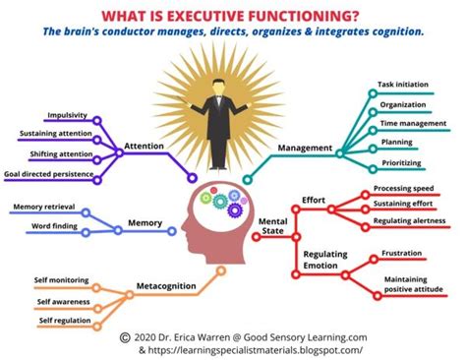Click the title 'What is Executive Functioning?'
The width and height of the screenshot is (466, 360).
pyautogui.click(x=233, y=13)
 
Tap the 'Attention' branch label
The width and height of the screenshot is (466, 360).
pyautogui.click(x=144, y=148)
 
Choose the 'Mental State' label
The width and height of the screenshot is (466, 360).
pyautogui.click(x=273, y=227)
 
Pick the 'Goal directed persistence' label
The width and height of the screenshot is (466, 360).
pyautogui.click(x=48, y=174)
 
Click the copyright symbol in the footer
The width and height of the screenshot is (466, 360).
pyautogui.click(x=124, y=335)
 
